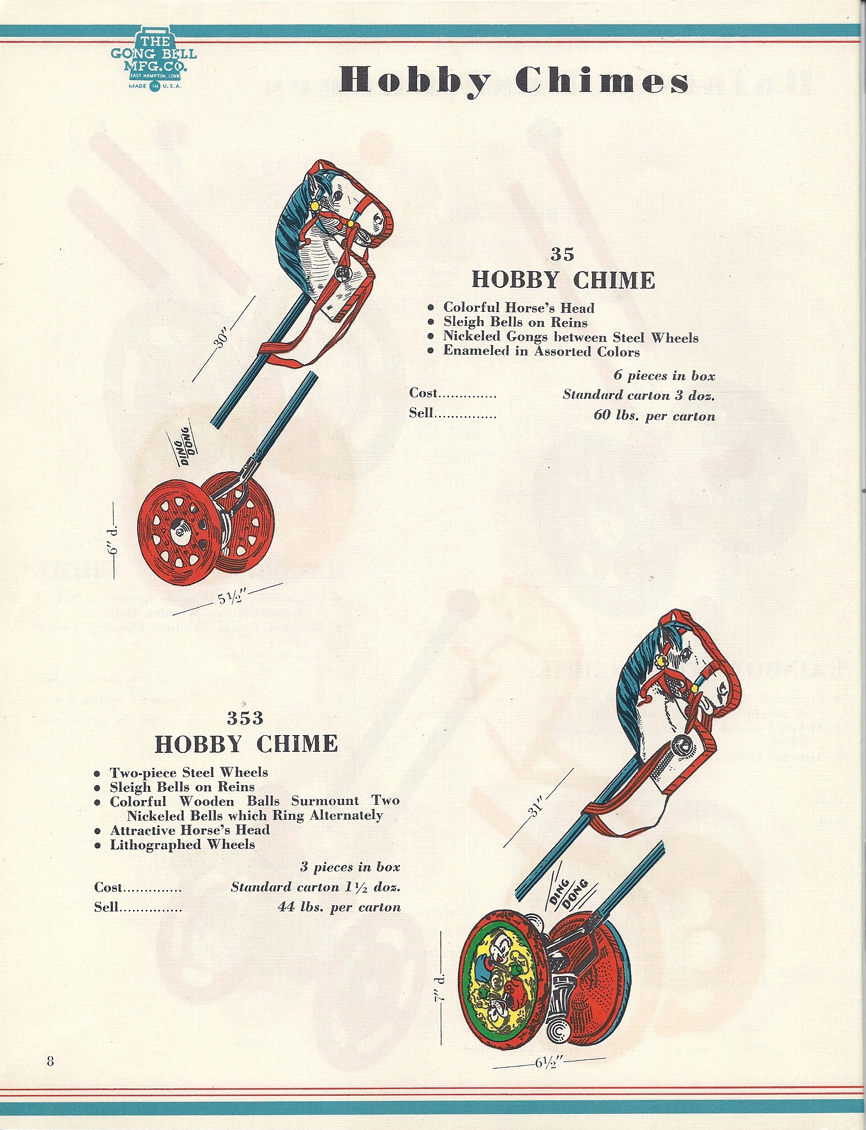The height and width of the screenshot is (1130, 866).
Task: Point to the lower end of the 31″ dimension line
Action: tap(504, 847)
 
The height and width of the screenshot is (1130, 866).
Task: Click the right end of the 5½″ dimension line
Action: tap(283, 583)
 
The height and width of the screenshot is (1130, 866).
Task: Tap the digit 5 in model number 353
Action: tap(245, 718)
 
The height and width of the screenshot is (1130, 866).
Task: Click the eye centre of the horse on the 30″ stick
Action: tap(338, 196)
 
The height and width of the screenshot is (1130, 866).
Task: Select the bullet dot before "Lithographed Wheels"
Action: tap(97, 845)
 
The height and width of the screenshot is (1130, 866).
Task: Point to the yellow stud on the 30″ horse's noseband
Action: tap(350, 223)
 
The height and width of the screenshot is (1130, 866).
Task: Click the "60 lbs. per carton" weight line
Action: tap(654, 416)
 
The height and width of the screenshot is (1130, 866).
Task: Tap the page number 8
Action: tap(50, 1061)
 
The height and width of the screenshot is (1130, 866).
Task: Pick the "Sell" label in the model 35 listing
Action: tap(421, 413)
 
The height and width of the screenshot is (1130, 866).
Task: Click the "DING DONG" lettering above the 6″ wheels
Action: tap(180, 446)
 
